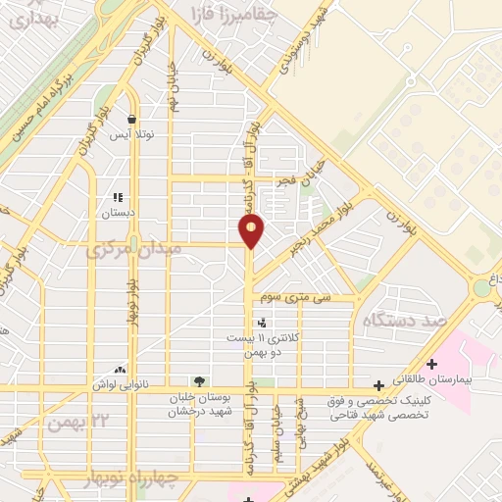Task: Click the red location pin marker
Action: point(252,230)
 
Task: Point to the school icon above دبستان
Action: point(118,197)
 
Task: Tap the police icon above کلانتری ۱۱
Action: point(261,322)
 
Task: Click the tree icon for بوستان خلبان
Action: point(200,381)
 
